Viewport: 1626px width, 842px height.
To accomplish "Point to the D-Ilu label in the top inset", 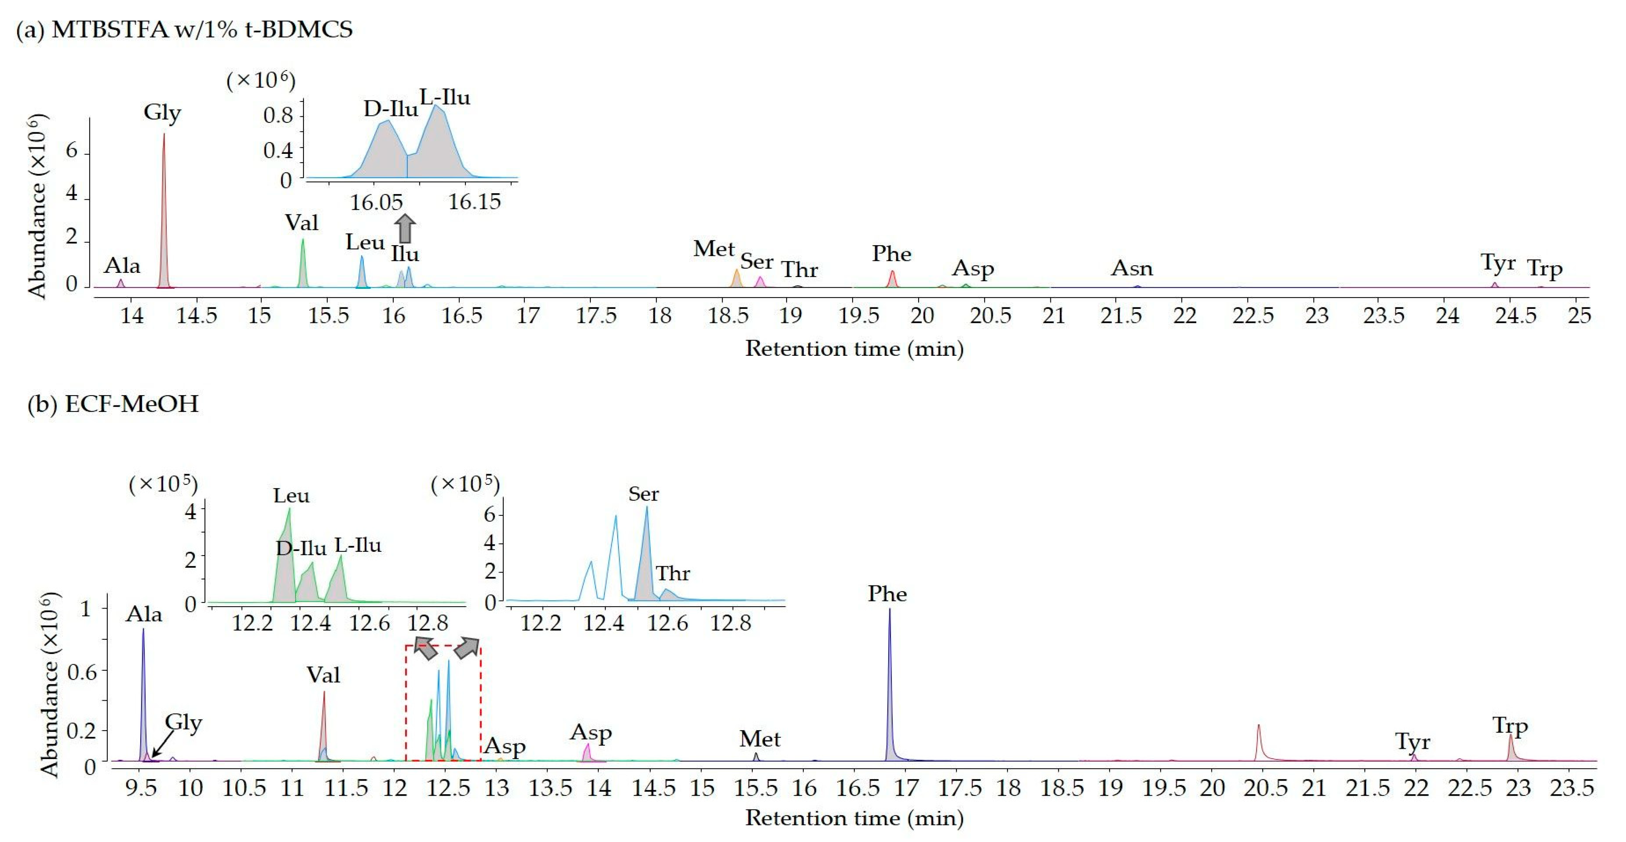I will point(390,109).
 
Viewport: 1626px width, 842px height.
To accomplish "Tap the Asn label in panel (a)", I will point(1132,268).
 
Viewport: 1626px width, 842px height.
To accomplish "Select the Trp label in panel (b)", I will point(1510,726).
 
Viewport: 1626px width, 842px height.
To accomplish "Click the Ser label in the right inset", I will point(643,494).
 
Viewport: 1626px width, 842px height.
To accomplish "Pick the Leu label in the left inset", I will point(291,496).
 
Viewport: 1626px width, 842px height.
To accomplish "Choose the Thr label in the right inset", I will point(673,574).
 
